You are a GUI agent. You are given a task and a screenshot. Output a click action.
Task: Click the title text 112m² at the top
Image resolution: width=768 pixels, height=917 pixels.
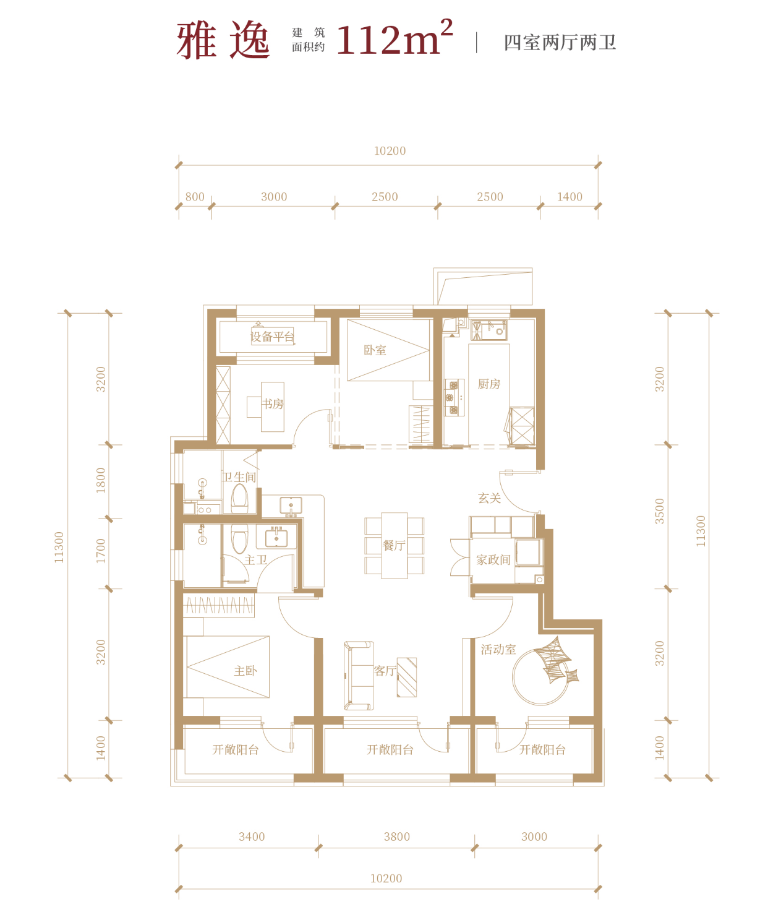(395, 38)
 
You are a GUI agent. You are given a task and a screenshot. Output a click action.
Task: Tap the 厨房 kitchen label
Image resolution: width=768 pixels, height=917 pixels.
(489, 384)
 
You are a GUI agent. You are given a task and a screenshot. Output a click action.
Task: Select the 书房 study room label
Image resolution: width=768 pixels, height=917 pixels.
(273, 403)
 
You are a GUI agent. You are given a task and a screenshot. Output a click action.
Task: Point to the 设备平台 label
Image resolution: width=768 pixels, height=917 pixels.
(272, 337)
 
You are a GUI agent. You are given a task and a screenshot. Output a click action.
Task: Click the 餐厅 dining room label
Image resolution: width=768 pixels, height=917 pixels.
(394, 546)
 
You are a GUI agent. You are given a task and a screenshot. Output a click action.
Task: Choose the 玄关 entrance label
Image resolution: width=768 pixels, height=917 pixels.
(489, 499)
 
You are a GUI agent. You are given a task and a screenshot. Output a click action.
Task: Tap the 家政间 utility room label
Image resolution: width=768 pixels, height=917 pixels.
(493, 560)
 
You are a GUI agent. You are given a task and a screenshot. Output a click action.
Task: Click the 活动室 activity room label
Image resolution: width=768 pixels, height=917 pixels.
(498, 650)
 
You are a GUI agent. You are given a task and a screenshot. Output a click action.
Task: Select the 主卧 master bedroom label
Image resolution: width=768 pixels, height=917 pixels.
(245, 671)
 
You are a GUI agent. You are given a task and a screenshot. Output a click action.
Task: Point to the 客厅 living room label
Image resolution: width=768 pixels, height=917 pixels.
(385, 671)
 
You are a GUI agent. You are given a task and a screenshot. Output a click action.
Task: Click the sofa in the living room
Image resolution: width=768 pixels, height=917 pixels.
(359, 676)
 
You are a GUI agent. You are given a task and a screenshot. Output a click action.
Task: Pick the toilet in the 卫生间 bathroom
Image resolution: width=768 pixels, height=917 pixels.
(240, 497)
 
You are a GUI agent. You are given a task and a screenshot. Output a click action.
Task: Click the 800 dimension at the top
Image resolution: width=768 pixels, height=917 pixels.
(195, 197)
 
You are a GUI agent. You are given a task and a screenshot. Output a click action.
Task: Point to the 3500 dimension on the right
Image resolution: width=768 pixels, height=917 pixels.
(659, 511)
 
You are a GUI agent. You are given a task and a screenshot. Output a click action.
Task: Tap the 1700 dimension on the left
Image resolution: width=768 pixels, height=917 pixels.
(101, 551)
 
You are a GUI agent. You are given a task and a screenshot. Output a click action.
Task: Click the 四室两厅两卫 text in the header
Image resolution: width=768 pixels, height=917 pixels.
(560, 43)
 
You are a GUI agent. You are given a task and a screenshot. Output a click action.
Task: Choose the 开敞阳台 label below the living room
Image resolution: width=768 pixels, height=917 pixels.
(390, 750)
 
